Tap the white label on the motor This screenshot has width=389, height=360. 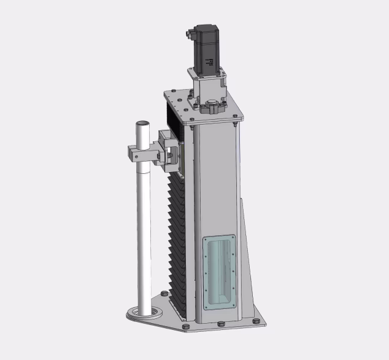coord(209,62)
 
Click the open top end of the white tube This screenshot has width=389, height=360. coord(142,124)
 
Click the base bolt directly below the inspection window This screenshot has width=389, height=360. coord(220,325)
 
